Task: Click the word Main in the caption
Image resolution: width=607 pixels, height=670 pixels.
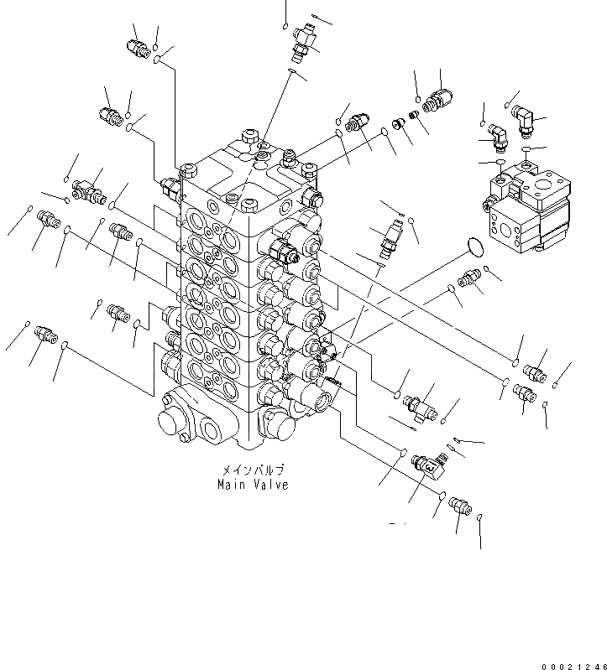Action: (231, 485)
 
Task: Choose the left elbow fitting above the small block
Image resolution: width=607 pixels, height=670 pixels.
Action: (497, 134)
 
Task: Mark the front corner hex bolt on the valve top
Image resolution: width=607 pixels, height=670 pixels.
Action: (249, 204)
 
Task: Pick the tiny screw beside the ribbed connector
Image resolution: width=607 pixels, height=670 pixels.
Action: (413, 116)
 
